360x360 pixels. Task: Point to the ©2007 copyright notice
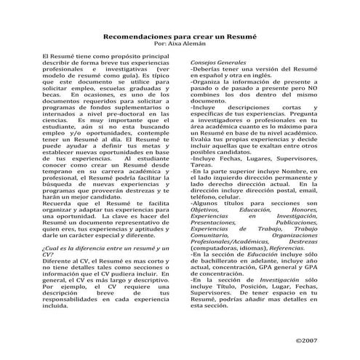pos(306,340)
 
